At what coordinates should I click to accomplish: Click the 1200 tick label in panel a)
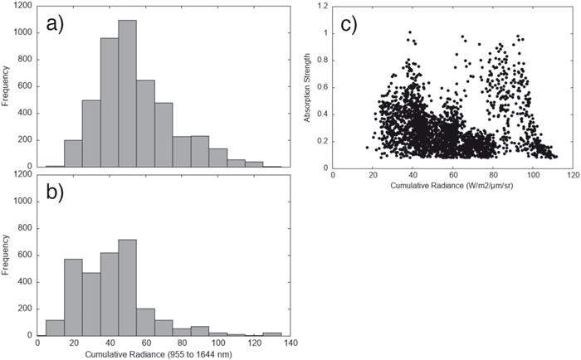(x=22, y=6)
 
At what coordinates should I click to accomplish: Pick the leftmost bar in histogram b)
(x=56, y=328)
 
